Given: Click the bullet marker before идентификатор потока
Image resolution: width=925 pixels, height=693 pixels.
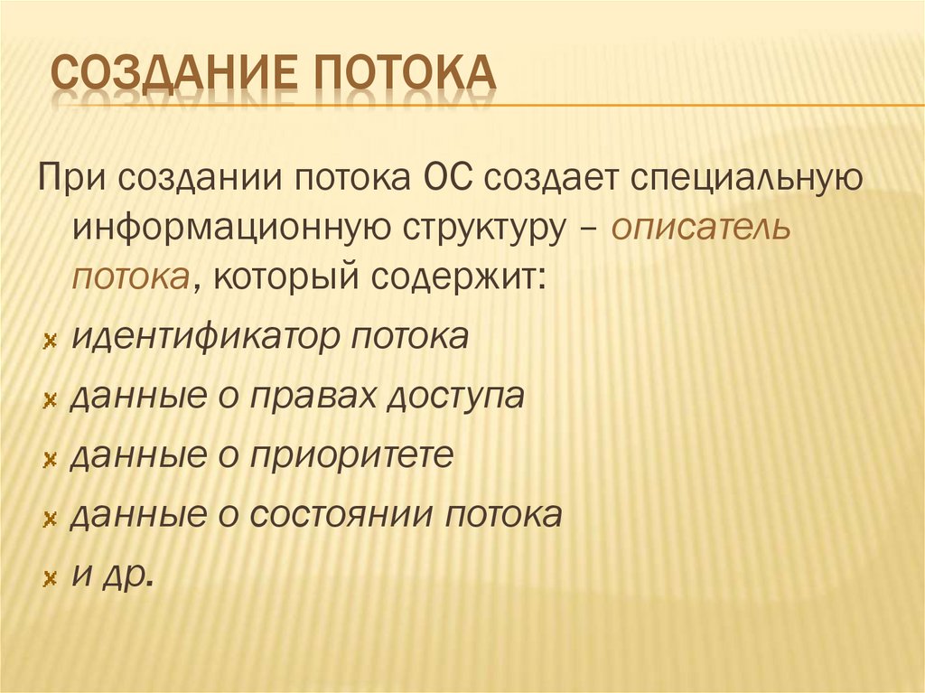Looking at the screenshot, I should pos(50,341).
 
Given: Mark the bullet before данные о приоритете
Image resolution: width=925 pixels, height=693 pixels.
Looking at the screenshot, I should pos(50,459).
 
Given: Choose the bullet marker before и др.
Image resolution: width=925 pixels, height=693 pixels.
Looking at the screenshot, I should pos(50,577).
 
